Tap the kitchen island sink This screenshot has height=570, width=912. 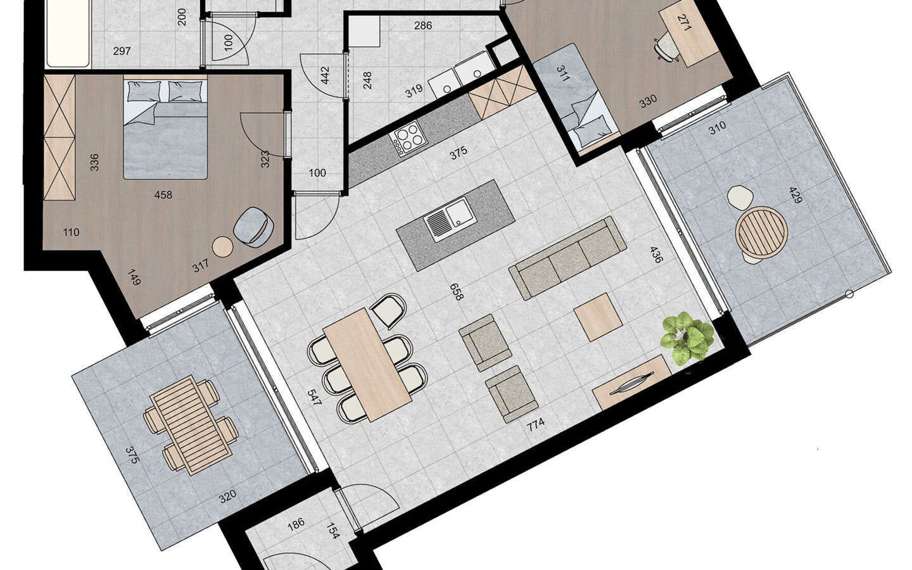pos(447,219)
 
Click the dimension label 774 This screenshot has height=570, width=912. pos(536,424)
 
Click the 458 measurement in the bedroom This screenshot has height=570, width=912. pos(163,195)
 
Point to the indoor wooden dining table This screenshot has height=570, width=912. pos(367,364)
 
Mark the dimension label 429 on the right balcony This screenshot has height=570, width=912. pos(795,195)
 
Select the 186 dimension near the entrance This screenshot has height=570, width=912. pos(296,522)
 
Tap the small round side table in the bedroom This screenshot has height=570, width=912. pos(222,246)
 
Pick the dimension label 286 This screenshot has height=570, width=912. pos(422,26)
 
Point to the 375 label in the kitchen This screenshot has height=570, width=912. pos(458,152)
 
